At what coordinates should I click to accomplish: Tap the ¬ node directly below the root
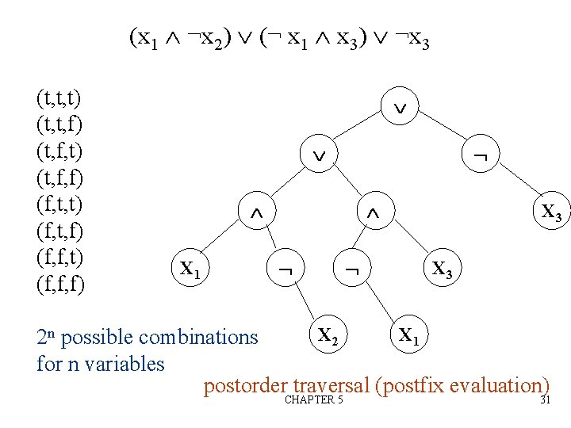pyautogui.click(x=479, y=159)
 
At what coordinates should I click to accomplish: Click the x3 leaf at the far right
pyautogui.click(x=551, y=212)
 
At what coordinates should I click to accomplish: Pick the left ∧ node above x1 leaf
pyautogui.click(x=256, y=214)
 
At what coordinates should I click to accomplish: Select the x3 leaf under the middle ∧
pyautogui.click(x=443, y=269)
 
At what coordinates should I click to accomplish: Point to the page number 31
pyautogui.click(x=545, y=400)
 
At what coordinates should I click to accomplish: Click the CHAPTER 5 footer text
pyautogui.click(x=313, y=400)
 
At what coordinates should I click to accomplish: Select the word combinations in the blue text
pyautogui.click(x=198, y=338)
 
